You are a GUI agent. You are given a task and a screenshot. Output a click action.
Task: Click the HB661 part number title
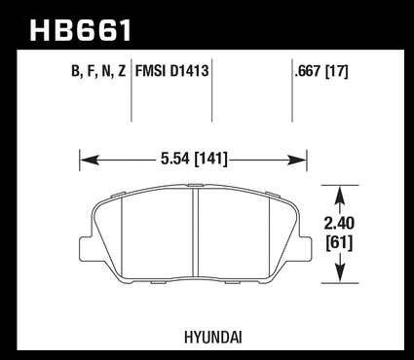click(x=81, y=30)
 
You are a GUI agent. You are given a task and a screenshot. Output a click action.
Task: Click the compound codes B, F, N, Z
click(x=98, y=71)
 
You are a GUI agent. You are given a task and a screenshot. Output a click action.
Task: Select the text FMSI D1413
click(x=171, y=71)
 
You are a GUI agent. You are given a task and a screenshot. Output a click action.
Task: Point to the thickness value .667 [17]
click(x=321, y=71)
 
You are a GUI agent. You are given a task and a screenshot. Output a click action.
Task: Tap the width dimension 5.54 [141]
click(x=194, y=160)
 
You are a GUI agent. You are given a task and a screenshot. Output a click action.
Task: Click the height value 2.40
click(x=339, y=224)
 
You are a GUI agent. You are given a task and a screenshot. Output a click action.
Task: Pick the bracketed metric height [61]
click(x=339, y=242)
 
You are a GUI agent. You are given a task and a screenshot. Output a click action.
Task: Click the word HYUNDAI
click(x=213, y=338)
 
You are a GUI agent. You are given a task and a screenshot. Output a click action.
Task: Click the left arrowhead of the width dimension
click(x=90, y=160)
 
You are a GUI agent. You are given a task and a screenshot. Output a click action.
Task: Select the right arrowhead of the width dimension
click(x=297, y=160)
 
